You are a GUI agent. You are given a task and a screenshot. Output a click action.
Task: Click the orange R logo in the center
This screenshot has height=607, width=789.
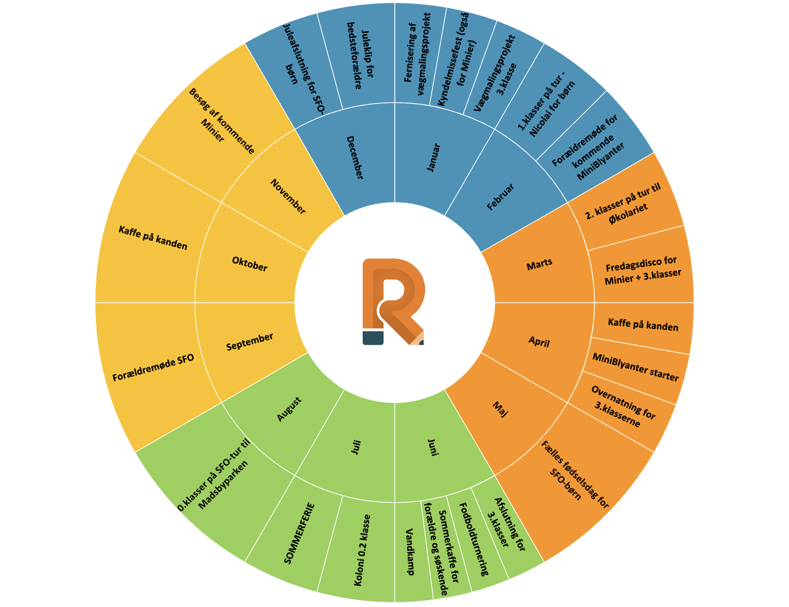coord(393,302)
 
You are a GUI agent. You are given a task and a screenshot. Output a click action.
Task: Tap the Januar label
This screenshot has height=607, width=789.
coord(433,158)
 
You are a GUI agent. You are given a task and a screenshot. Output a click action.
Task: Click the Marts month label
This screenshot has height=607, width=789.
coord(539,264)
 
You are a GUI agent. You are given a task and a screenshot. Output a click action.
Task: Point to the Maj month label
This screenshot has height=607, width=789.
coord(500,409)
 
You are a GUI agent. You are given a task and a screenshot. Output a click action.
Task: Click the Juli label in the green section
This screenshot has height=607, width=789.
coord(356,447)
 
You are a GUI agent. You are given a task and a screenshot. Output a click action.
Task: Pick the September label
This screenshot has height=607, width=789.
coord(250,342)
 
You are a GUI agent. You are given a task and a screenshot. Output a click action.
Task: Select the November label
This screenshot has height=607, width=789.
coord(288,196)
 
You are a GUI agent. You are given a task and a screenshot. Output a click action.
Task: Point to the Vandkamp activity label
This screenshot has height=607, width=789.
coord(410,552)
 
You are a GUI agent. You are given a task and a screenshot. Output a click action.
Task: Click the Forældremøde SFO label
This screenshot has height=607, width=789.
coord(153,368)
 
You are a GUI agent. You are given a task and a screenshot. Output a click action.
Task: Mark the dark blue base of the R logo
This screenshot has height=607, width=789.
coord(373,338)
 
